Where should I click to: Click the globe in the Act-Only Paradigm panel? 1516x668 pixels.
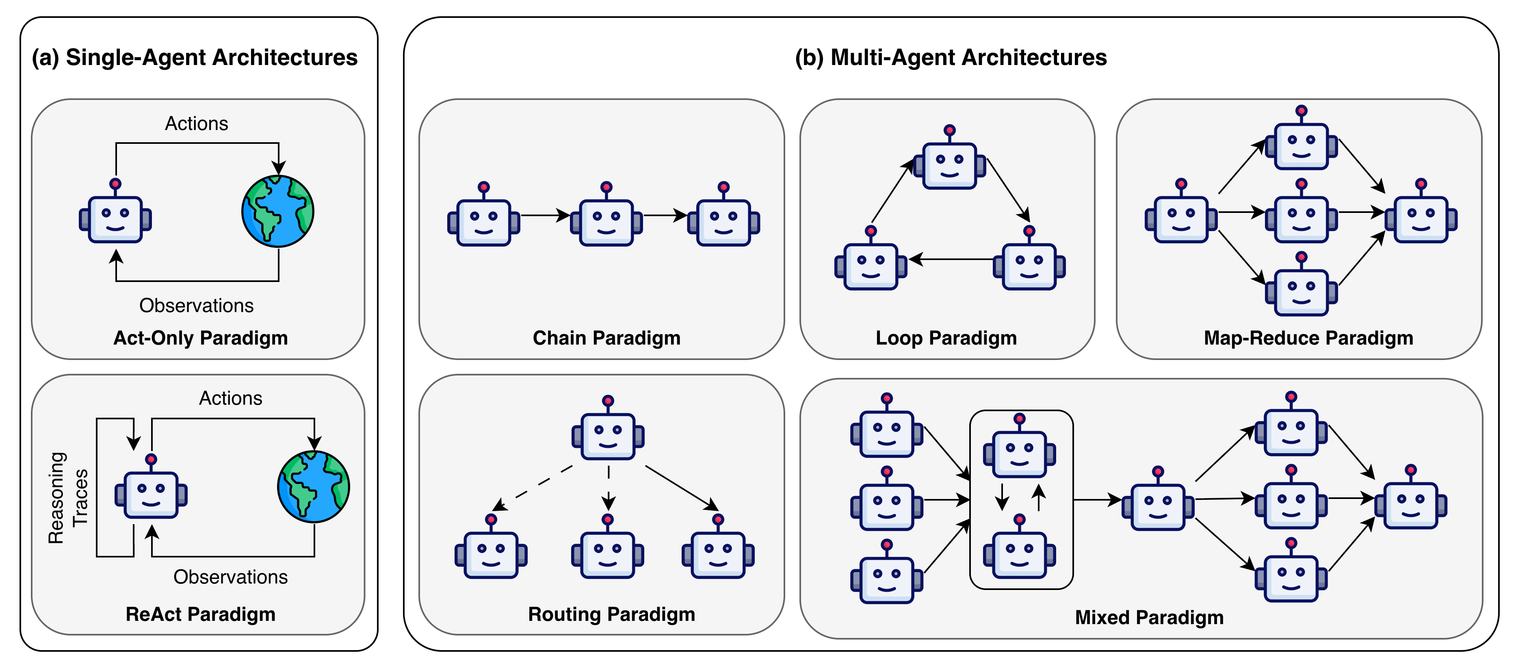[278, 211]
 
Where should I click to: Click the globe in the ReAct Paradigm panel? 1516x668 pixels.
[314, 487]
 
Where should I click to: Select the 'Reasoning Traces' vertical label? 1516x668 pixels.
[68, 497]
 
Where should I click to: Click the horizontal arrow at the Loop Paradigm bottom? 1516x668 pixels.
[951, 259]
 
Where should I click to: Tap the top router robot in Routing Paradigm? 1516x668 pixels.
[608, 433]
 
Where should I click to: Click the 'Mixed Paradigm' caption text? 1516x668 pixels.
[1149, 617]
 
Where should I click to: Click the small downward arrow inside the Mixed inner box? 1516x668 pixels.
[1002, 497]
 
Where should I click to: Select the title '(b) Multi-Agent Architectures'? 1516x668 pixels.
[951, 58]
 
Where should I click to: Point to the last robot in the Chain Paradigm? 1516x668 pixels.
[723, 219]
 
